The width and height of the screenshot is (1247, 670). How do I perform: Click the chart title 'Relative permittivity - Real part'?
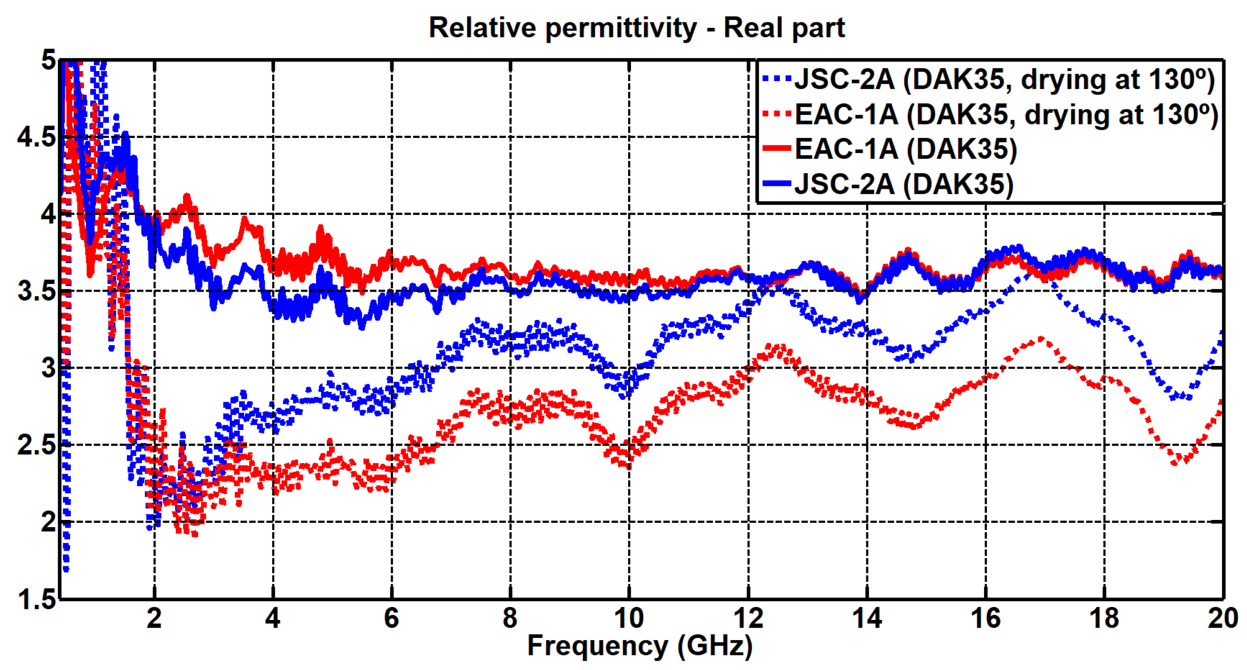(637, 28)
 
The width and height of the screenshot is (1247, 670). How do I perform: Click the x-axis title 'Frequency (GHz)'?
(639, 646)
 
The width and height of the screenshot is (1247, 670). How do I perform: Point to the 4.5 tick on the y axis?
(36, 137)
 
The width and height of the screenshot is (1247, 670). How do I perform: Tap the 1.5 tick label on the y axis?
(36, 600)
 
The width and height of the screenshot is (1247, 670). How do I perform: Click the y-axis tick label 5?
(48, 61)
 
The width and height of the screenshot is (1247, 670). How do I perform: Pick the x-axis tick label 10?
(629, 619)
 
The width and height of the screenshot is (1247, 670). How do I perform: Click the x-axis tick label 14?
(866, 619)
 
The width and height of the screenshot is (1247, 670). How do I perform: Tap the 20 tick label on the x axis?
(1222, 619)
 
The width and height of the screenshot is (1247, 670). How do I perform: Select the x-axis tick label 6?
(391, 619)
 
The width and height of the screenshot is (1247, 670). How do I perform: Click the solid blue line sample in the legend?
(776, 184)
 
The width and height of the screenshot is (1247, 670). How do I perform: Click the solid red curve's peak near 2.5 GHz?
(187, 197)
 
